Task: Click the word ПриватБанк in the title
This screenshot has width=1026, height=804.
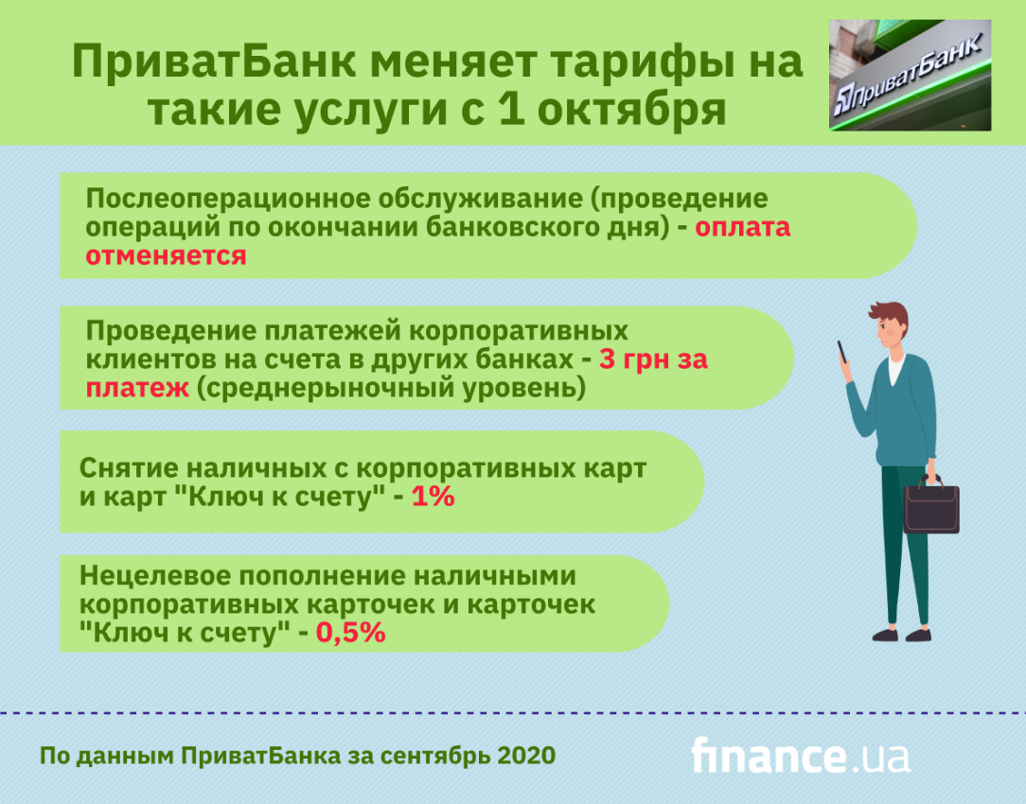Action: pos(213,62)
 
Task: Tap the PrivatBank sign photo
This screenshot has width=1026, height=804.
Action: pos(910,75)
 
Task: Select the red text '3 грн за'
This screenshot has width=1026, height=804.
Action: pos(653,358)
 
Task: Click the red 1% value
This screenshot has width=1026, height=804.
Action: pos(433,497)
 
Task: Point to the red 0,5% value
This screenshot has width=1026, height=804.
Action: pos(351,632)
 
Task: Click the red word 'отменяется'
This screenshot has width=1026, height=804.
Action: pos(167,255)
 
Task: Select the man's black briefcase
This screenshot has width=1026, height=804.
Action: pos(931,505)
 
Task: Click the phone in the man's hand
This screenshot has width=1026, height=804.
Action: pos(842,351)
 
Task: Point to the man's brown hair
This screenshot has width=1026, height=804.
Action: pos(893,316)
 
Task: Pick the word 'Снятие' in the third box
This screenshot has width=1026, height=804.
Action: pos(128,468)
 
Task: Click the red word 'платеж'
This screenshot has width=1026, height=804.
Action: pos(137,388)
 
